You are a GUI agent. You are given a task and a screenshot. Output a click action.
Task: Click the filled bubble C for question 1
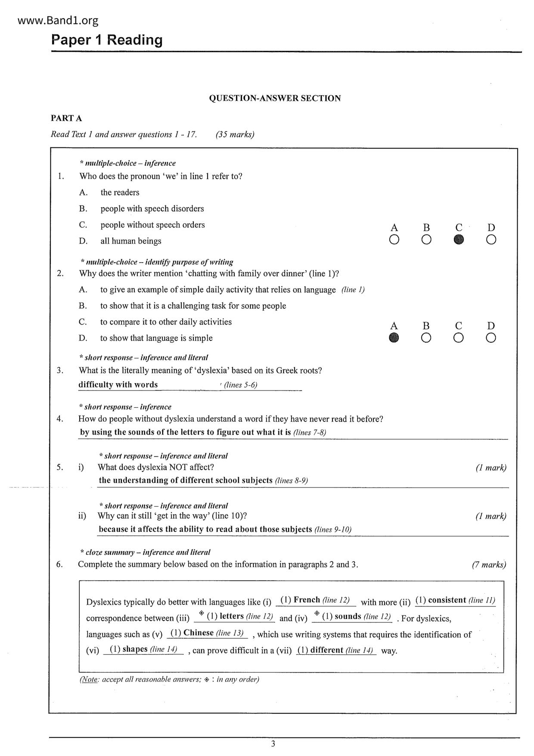pyautogui.click(x=459, y=240)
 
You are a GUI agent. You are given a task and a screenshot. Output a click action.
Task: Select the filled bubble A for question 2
pyautogui.click(x=394, y=338)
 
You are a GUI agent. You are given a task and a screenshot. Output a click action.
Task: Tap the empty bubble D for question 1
pyautogui.click(x=491, y=240)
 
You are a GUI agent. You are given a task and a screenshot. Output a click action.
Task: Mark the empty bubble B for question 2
pyautogui.click(x=426, y=338)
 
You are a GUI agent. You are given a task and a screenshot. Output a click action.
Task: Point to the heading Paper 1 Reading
pyautogui.click(x=107, y=40)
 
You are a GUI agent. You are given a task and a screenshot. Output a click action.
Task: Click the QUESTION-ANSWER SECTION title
pyautogui.click(x=275, y=98)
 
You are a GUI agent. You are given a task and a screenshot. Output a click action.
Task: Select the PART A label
pyautogui.click(x=66, y=118)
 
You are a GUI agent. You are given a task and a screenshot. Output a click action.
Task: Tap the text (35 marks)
pyautogui.click(x=235, y=134)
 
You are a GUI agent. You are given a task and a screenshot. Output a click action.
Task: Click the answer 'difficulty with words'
pyautogui.click(x=118, y=384)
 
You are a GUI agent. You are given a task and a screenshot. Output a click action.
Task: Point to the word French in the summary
pyautogui.click(x=307, y=600)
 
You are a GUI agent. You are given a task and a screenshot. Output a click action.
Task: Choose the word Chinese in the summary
pyautogui.click(x=199, y=633)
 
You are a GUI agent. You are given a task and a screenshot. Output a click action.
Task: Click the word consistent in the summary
pyautogui.click(x=447, y=600)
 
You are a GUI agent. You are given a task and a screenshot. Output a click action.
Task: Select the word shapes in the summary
pyautogui.click(x=135, y=649)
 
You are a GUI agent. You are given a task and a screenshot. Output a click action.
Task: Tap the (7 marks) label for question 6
pyautogui.click(x=489, y=565)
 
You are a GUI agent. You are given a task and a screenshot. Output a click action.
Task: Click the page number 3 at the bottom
pyautogui.click(x=273, y=744)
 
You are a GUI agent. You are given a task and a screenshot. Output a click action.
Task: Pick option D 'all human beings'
pyautogui.click(x=131, y=241)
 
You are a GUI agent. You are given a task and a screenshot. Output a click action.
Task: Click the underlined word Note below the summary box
pyautogui.click(x=89, y=679)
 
